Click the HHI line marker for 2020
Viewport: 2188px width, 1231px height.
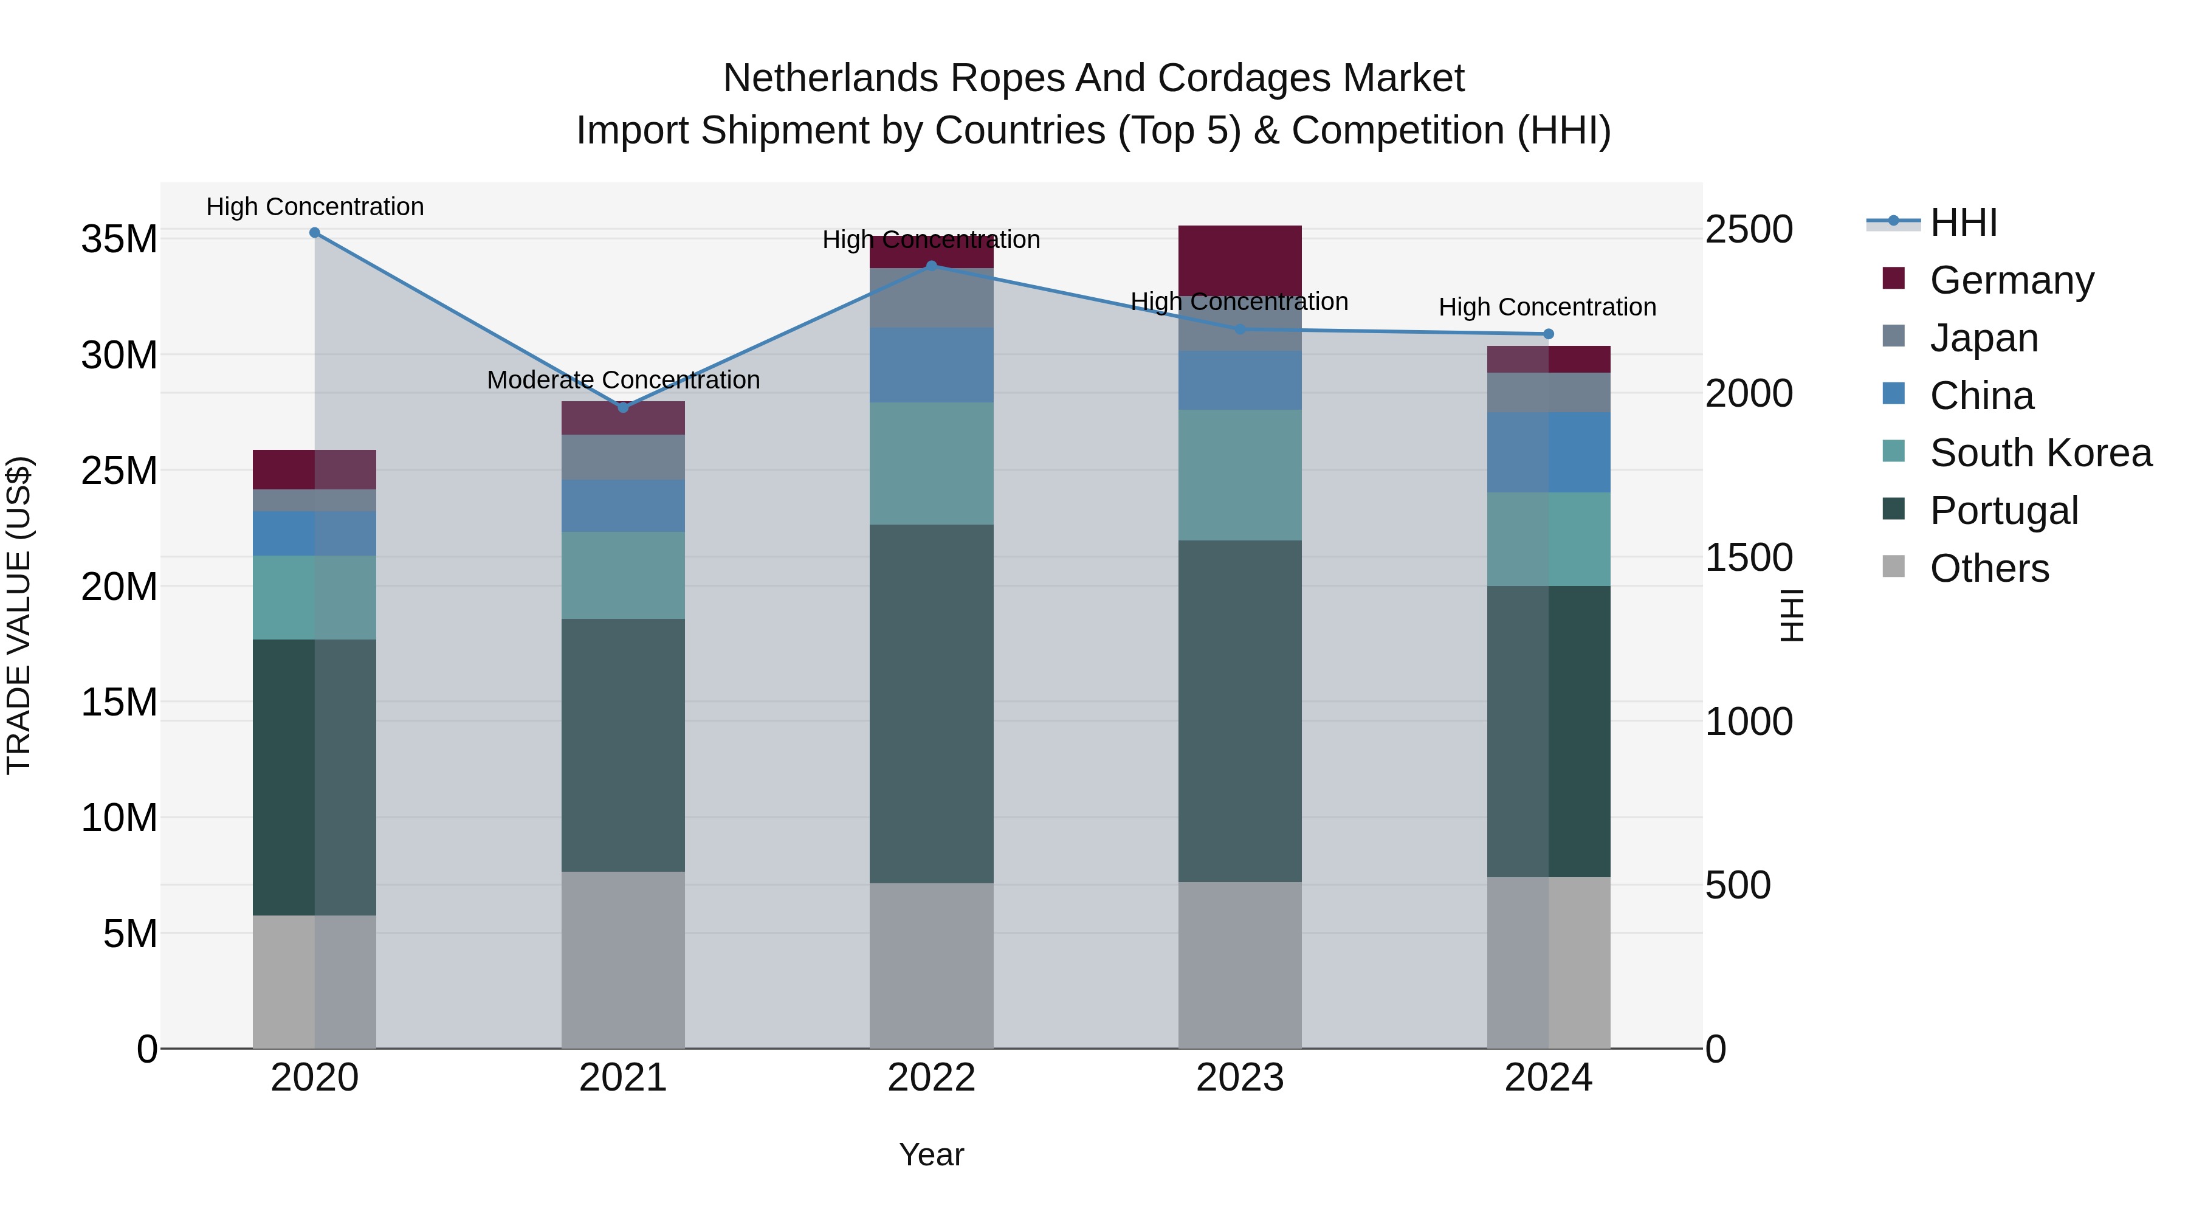coord(314,233)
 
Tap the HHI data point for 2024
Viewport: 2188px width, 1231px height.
coord(1547,334)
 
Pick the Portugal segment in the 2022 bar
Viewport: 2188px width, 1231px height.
coord(931,703)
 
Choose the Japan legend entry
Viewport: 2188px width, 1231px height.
coord(1983,338)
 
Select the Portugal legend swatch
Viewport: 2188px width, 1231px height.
coord(1893,510)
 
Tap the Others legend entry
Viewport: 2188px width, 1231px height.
coord(1987,568)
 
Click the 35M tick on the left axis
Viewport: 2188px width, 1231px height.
coord(119,240)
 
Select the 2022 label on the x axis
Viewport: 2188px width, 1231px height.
coord(931,1078)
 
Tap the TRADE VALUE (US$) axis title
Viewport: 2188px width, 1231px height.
coord(19,615)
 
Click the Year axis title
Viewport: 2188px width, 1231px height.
coord(931,1154)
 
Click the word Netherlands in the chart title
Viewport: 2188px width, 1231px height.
coord(831,78)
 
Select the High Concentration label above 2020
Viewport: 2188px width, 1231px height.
coord(314,207)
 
